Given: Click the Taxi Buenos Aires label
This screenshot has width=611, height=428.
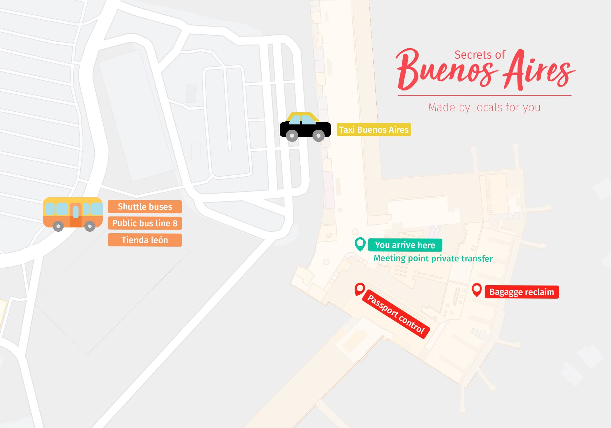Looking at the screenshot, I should (x=374, y=130).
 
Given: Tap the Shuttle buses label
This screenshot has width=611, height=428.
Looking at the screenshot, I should (x=145, y=207).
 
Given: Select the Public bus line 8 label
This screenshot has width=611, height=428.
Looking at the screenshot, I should (x=145, y=223).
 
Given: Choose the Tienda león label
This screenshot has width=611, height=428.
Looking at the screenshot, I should (x=145, y=240).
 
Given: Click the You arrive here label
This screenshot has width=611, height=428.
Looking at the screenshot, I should (x=405, y=245).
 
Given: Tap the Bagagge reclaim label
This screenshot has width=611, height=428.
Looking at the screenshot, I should (x=521, y=292).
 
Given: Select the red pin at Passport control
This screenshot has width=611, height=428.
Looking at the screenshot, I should (x=360, y=289).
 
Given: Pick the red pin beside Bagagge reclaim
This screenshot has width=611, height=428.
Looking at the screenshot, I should (x=477, y=289).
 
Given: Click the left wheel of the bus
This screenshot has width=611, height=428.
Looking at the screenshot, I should (x=58, y=226).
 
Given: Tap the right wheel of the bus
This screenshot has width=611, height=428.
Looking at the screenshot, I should (x=90, y=226).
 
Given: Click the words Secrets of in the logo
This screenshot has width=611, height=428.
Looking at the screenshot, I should (x=480, y=55).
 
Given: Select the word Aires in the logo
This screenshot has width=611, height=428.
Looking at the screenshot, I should (x=538, y=72).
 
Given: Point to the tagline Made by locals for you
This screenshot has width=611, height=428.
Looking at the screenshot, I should (x=484, y=108).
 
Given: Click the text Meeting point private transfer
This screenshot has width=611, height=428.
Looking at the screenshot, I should (x=433, y=259).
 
